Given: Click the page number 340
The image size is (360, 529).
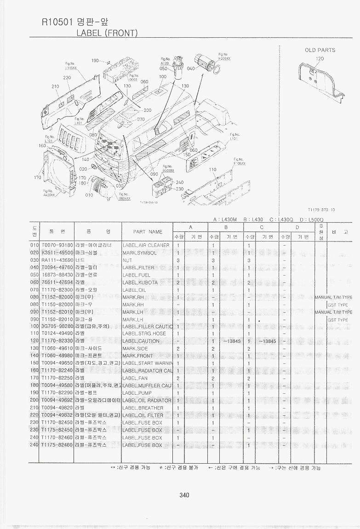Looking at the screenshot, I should [184, 495].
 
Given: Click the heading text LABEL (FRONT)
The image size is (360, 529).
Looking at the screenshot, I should [107, 33].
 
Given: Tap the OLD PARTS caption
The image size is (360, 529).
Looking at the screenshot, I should [320, 50].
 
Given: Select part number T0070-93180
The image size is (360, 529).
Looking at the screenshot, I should [57, 246].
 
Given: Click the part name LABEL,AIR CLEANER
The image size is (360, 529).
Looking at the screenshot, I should [146, 246].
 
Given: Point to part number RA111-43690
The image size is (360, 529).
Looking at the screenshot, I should [57, 260].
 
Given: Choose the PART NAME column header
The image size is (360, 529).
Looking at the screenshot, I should [148, 231].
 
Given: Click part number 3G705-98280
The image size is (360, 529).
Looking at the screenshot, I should [57, 327].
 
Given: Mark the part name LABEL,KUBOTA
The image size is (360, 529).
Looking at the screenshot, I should [140, 282].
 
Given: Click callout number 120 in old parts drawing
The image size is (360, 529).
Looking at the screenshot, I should [320, 59].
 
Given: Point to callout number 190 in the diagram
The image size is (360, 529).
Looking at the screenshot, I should [95, 61].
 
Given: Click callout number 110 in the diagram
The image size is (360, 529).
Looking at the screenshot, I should [212, 170].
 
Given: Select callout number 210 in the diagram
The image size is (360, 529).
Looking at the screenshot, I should [55, 86].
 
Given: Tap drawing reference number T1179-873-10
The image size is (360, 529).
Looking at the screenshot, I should [321, 210].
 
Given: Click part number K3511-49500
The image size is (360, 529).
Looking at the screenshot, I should [57, 253].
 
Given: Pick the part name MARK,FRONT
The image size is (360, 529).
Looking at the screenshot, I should [138, 356].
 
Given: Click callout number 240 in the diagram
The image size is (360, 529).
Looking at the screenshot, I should [180, 182].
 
